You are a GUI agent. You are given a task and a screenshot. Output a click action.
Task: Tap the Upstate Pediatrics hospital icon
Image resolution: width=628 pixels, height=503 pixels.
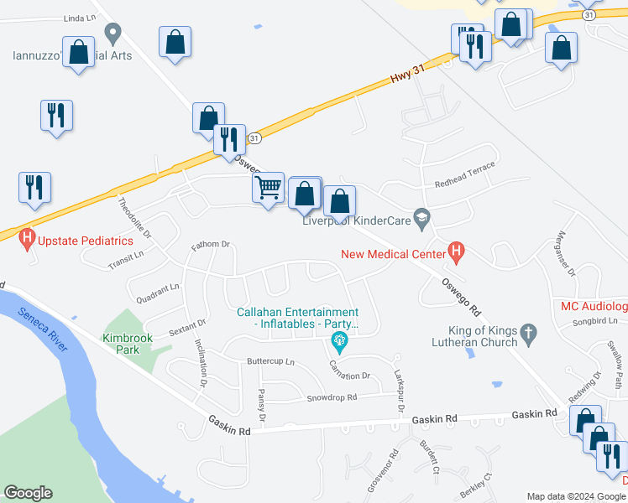pyautogui.click(x=28, y=241)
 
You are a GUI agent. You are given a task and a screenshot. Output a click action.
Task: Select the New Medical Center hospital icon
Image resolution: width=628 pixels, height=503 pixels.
pyautogui.click(x=457, y=250)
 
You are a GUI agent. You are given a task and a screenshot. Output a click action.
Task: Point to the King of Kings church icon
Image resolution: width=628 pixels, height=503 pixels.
pyautogui.click(x=528, y=334)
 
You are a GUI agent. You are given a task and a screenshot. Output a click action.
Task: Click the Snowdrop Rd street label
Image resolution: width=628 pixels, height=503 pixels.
pyautogui.click(x=332, y=397)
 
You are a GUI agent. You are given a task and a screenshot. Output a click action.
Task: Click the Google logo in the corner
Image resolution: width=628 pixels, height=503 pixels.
pyautogui.click(x=28, y=493)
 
